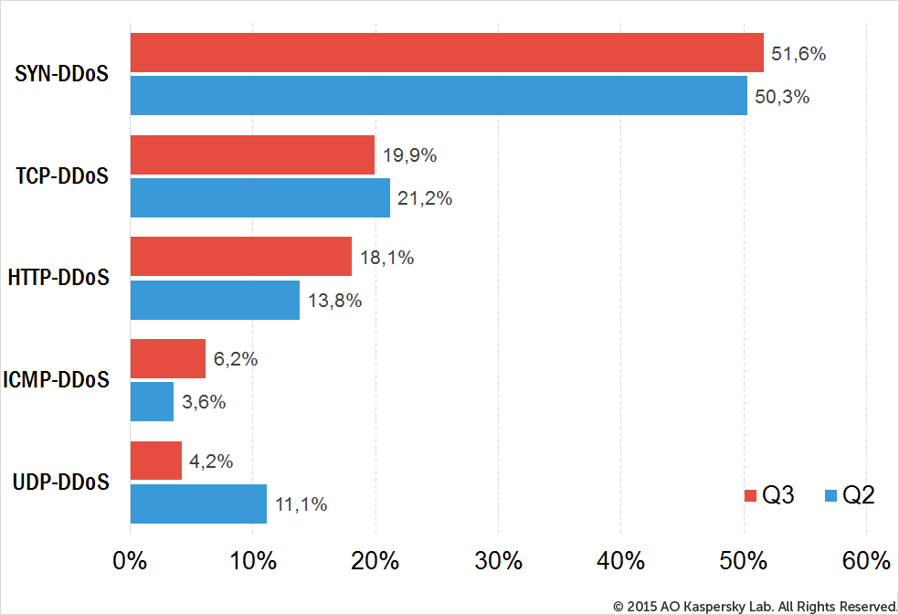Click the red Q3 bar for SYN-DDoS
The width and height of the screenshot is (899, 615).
447,53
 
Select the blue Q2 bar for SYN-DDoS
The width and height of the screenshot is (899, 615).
439,95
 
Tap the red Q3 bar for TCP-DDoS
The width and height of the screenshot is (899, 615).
252,155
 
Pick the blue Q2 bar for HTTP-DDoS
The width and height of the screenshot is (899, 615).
215,300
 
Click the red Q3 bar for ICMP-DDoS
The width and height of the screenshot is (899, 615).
168,358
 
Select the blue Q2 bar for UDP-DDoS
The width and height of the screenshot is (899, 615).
198,504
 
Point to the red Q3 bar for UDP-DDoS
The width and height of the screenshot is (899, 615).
156,461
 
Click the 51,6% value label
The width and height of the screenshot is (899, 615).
799,54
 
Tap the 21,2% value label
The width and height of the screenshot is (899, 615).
425,198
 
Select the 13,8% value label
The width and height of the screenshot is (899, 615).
334,301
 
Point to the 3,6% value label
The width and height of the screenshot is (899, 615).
204,402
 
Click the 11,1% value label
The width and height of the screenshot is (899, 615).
301,504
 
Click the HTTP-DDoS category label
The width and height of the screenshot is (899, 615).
58,278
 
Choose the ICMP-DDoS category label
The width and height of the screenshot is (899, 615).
57,380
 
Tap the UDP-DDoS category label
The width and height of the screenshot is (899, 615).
61,482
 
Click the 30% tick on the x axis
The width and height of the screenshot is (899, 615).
498,560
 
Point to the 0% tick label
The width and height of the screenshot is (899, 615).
130,560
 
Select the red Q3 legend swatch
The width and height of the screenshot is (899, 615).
750,495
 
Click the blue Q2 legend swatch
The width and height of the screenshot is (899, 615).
830,495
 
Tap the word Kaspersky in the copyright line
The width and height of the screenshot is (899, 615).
710,607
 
